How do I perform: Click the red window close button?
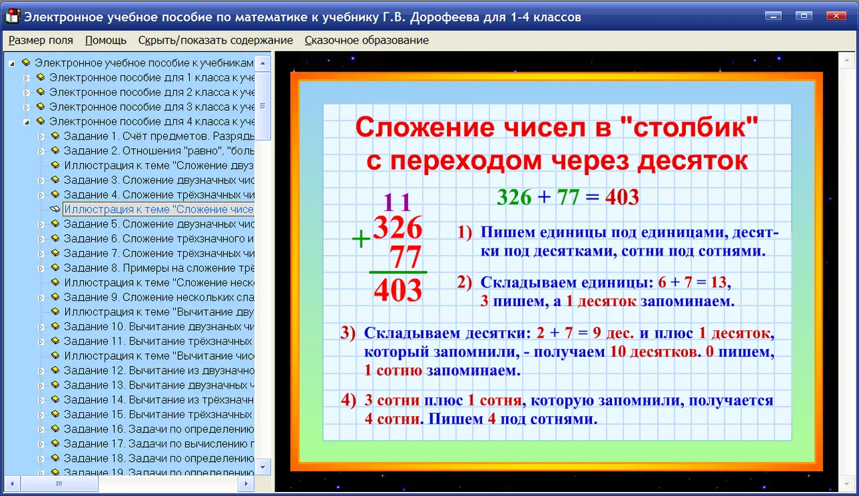(836, 16)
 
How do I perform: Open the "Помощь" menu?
(105, 40)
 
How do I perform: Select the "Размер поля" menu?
(41, 40)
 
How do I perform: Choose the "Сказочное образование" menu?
(366, 40)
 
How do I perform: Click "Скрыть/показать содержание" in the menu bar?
(215, 40)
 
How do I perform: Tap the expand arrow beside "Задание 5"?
(41, 224)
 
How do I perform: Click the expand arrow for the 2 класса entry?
(26, 93)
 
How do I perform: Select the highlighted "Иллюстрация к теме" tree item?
(158, 209)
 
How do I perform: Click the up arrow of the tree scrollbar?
(262, 63)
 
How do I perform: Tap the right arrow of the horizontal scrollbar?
(246, 484)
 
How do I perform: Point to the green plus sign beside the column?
(361, 239)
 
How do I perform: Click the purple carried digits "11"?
(397, 202)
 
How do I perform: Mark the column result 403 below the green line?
(398, 290)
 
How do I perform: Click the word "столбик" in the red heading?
(689, 127)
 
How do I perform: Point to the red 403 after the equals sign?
(622, 197)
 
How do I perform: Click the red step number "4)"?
(348, 400)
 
